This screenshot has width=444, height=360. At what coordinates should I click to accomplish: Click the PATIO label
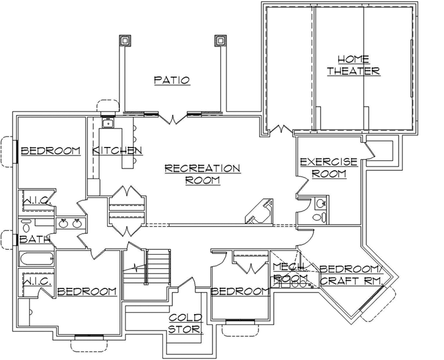171,80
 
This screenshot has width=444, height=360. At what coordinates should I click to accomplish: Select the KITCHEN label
118,151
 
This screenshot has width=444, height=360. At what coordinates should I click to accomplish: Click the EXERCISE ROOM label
328,168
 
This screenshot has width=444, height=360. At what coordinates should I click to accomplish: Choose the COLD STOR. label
186,324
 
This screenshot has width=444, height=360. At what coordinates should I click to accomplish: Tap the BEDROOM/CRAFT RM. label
352,274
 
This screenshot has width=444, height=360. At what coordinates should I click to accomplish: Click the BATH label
30,239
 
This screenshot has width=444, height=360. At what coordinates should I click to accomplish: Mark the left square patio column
124,42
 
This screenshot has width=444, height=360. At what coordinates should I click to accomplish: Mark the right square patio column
219,42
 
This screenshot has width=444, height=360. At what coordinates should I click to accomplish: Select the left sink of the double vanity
64,223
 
